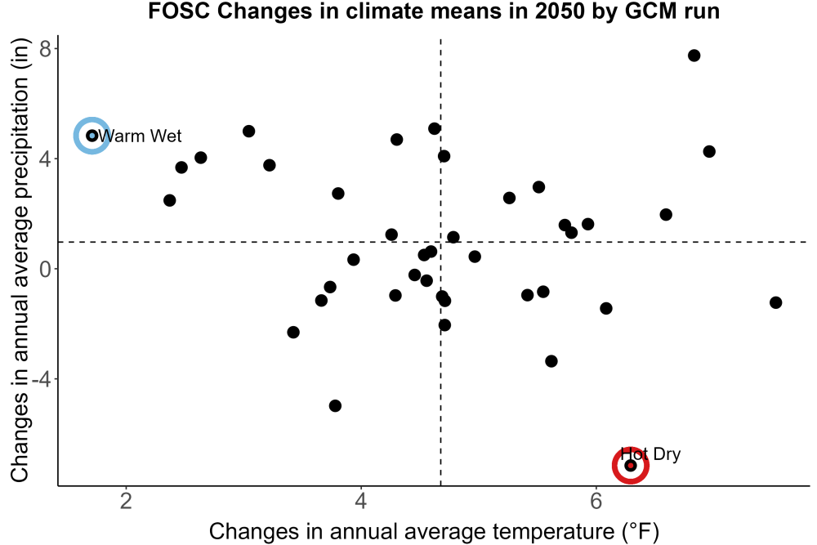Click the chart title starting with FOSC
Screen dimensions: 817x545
[x=434, y=11]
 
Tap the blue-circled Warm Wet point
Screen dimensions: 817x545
[x=92, y=136]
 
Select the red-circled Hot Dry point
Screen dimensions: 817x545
[x=631, y=465]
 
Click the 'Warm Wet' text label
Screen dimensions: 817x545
[x=140, y=136]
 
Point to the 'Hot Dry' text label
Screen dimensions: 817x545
[x=651, y=453]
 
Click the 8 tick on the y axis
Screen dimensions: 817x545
[x=45, y=50]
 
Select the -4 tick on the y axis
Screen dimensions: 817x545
[x=41, y=379]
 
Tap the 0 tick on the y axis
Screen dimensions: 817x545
[x=45, y=270]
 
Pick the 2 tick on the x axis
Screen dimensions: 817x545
[x=126, y=501]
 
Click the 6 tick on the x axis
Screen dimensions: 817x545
[x=596, y=501]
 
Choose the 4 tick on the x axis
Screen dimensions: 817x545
[x=361, y=501]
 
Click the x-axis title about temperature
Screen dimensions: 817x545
[x=434, y=532]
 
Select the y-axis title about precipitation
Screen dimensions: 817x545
[x=20, y=261]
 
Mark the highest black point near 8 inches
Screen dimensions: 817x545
[x=694, y=56]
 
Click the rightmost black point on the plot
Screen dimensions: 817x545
[x=776, y=302]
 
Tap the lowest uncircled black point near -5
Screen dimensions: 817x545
[x=335, y=405]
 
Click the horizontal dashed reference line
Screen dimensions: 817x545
[x=434, y=242]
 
